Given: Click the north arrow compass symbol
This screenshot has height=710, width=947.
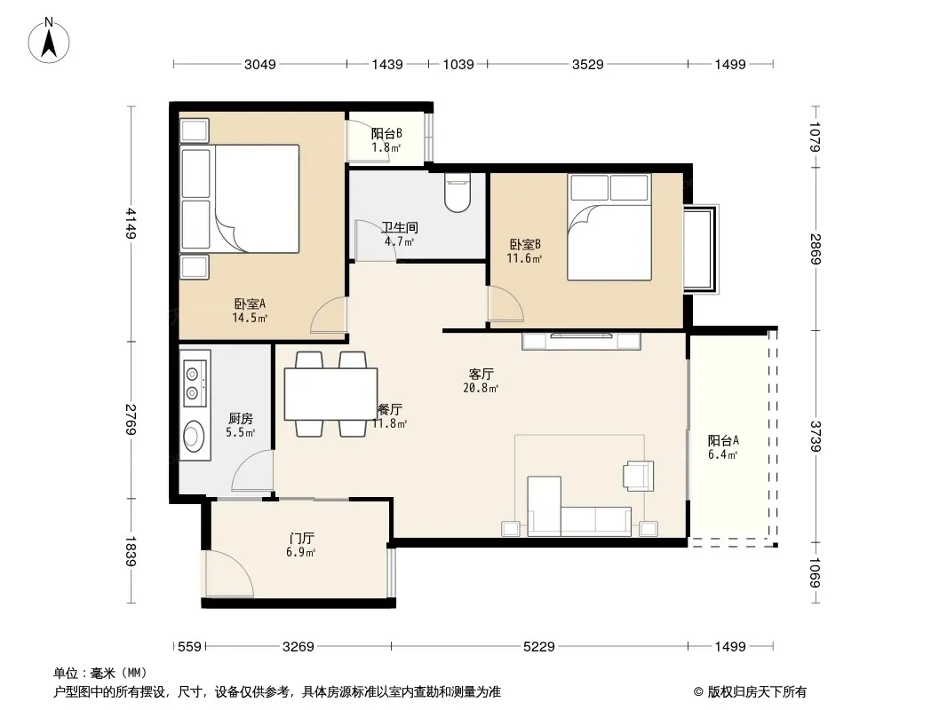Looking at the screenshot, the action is pos(49,41).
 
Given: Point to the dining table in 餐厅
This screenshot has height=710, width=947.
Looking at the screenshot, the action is pos(331,394).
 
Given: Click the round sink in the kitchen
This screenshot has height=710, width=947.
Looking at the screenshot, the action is pos(194,436).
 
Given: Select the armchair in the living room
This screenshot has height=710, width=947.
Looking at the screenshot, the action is pos(639,476).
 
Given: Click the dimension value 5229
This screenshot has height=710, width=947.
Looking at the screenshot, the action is pos(538,647).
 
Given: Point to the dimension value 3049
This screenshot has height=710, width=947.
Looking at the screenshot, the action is pos(259,64).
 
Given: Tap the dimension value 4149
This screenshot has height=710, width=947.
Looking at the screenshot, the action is pos(131,223).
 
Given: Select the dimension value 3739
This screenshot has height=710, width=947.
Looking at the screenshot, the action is pos(815,436).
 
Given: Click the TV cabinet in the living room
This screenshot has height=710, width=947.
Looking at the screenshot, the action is pos(581,341).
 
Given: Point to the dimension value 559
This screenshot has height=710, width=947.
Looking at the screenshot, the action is pos(189,647).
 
